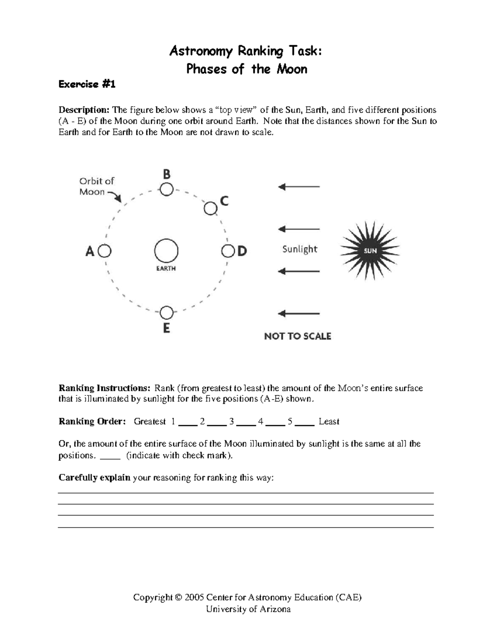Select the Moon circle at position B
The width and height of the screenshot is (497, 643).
coord(166,190)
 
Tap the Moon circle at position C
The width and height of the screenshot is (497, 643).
coord(210,208)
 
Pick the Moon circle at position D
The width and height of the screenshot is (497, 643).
coord(227,251)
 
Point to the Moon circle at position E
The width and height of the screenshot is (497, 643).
coord(166,312)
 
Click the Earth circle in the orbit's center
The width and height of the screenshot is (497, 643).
coord(166,251)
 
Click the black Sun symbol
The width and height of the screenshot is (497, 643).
coord(370,250)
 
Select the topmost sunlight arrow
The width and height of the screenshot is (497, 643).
coord(299,187)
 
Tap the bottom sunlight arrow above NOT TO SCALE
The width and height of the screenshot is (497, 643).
coord(299,313)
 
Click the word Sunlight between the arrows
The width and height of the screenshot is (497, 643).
coord(299,249)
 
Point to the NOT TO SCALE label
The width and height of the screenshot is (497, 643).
coord(297,336)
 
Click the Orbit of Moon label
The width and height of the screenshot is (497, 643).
coord(96,186)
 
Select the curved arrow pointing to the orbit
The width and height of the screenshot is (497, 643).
coord(114,196)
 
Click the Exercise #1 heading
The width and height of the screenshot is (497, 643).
coord(87,84)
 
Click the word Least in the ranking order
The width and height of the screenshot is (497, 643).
coord(329,421)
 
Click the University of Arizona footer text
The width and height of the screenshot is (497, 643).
coord(248,609)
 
